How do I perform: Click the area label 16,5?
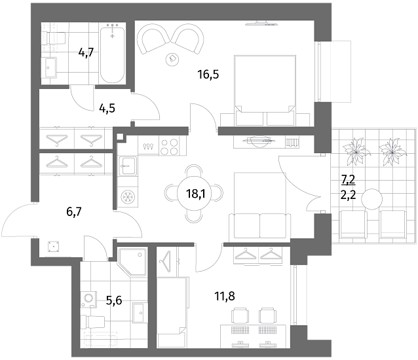tap(208, 75)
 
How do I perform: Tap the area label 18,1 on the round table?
tap(196, 194)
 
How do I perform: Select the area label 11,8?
tap(225, 296)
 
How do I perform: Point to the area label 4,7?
tap(86, 52)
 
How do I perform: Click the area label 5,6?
tap(114, 300)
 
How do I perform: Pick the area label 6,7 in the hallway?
tap(74, 212)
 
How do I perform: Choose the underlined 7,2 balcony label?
tap(348, 180)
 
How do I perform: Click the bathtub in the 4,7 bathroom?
tap(112, 55)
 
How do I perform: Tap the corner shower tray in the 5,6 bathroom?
tap(132, 262)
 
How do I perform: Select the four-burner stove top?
tap(170, 147)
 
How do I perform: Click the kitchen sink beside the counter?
tap(128, 166)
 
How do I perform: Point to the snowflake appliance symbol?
tap(128, 197)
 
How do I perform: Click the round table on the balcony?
tap(371, 199)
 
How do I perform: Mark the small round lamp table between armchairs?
tap(172, 58)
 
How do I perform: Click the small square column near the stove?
tap(120, 137)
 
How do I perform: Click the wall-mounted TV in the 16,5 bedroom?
tap(261, 24)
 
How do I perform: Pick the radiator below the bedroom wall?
tap(292, 143)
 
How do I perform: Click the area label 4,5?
tap(107, 109)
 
